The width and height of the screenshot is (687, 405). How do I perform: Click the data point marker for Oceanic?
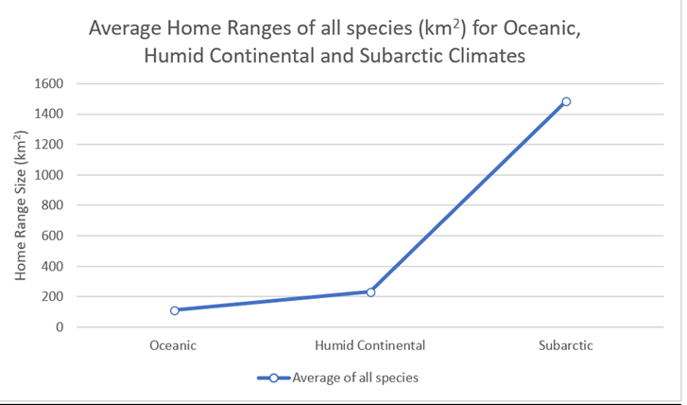[x=174, y=310]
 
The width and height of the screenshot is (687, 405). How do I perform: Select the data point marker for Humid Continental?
[x=370, y=292]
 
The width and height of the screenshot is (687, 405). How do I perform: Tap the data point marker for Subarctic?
[x=566, y=101]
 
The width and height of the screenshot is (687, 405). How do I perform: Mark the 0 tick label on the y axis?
[x=59, y=327]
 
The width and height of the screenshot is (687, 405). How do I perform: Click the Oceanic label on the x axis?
[x=173, y=345]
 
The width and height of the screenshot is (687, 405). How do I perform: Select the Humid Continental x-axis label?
[x=369, y=345]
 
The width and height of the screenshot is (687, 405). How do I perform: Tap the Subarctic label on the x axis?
[x=566, y=345]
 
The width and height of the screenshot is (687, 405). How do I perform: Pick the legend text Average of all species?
[x=355, y=378]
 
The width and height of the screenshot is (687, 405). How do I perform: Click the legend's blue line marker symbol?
[x=273, y=378]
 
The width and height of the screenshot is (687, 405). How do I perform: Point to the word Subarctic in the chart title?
[x=404, y=56]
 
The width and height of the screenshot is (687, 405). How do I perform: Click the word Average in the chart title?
[x=127, y=27]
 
